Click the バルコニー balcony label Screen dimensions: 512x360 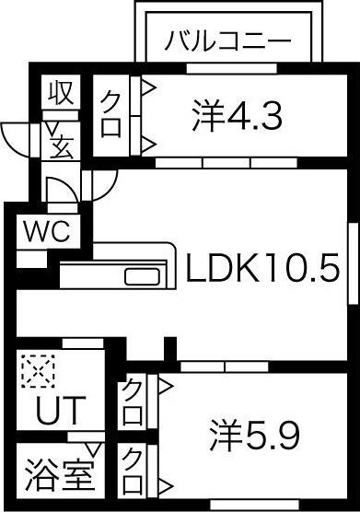click(228, 41)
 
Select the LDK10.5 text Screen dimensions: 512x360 click(263, 269)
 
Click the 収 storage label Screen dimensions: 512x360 click(61, 93)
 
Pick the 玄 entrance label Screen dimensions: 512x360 click(62, 145)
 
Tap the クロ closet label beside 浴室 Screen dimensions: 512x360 click(134, 471)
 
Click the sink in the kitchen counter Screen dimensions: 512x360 click(140, 277)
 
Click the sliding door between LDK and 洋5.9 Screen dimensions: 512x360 click(226, 366)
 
